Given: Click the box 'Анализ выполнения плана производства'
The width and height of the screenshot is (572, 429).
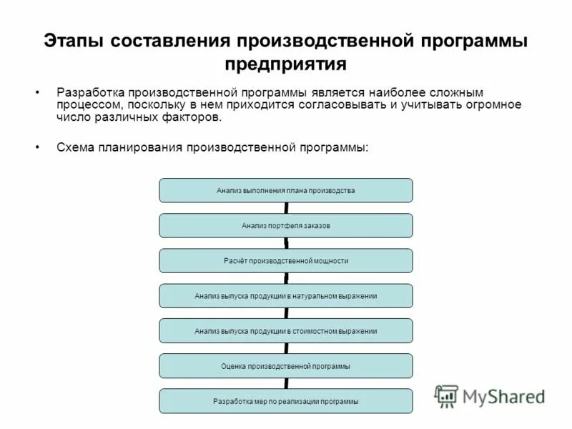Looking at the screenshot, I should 285,190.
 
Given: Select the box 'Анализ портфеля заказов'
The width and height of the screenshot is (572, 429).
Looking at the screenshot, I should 285,225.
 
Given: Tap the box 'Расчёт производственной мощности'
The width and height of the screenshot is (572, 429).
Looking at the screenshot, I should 285,261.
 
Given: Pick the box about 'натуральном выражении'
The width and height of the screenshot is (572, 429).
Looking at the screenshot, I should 285,295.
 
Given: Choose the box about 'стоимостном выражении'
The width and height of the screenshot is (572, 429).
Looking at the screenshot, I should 285,331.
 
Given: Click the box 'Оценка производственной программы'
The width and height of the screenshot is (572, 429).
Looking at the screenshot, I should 285,366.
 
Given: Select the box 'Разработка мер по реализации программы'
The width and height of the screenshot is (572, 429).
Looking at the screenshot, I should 285,401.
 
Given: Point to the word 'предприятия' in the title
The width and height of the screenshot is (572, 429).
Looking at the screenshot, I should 285,64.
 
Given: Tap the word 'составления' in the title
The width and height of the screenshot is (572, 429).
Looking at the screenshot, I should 167,41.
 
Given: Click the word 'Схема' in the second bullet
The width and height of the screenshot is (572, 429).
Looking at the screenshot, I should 74,147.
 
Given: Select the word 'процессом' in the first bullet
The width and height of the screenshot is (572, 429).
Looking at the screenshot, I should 87,105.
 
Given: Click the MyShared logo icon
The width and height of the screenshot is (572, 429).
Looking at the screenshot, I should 447,395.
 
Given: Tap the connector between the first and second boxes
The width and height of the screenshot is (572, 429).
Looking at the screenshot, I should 286,208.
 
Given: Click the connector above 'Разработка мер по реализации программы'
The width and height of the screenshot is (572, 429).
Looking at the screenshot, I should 286,384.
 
